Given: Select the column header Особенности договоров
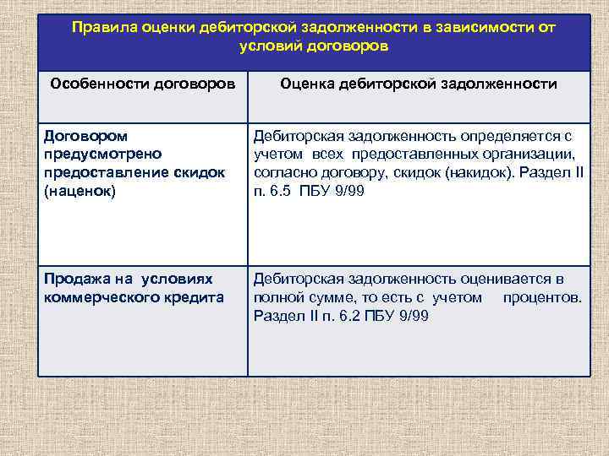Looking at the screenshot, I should (x=142, y=84).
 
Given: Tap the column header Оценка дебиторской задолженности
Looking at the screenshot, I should (x=418, y=84).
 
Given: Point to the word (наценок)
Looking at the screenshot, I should (x=75, y=190).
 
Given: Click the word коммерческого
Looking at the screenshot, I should (x=102, y=296).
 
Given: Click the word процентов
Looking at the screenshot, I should (x=541, y=297).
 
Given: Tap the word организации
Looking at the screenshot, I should (x=535, y=154).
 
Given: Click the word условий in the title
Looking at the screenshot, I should (x=266, y=46).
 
